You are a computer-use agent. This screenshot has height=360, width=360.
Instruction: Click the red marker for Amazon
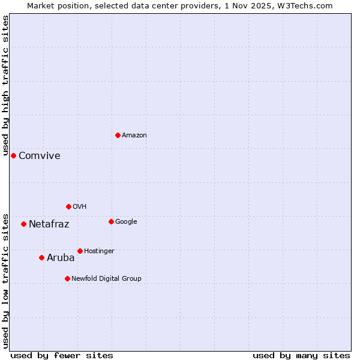pos(118,135)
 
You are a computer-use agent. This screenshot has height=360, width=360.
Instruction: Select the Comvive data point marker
pos(13,155)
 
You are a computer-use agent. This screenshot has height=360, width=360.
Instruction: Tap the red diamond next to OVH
pos(68,206)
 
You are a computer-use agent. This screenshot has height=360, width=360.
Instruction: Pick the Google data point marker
pos(111,221)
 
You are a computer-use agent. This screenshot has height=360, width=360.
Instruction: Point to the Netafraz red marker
pos(23,224)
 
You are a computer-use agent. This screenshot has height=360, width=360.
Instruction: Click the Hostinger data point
pos(80,251)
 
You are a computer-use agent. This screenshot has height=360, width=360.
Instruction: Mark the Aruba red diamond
pos(41,257)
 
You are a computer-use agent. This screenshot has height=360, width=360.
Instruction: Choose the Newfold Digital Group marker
pos(67,278)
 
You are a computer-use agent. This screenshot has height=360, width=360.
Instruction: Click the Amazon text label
pos(134,136)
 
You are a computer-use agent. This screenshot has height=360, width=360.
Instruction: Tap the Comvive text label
pos(40,156)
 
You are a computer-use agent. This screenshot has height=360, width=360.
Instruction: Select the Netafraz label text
pos(49,224)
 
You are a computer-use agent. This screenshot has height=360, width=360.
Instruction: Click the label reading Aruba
pos(61,258)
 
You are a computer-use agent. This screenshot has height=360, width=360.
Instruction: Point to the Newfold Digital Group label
pos(106,278)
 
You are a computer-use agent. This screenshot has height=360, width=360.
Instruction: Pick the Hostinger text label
pos(99,251)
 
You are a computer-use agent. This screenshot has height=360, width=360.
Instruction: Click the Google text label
pos(126,222)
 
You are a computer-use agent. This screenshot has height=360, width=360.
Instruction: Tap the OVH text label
pos(80,207)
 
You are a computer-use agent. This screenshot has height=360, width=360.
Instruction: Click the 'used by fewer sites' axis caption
pos(62,355)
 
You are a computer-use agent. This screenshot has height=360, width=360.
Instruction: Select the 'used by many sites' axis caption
pos(301,355)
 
